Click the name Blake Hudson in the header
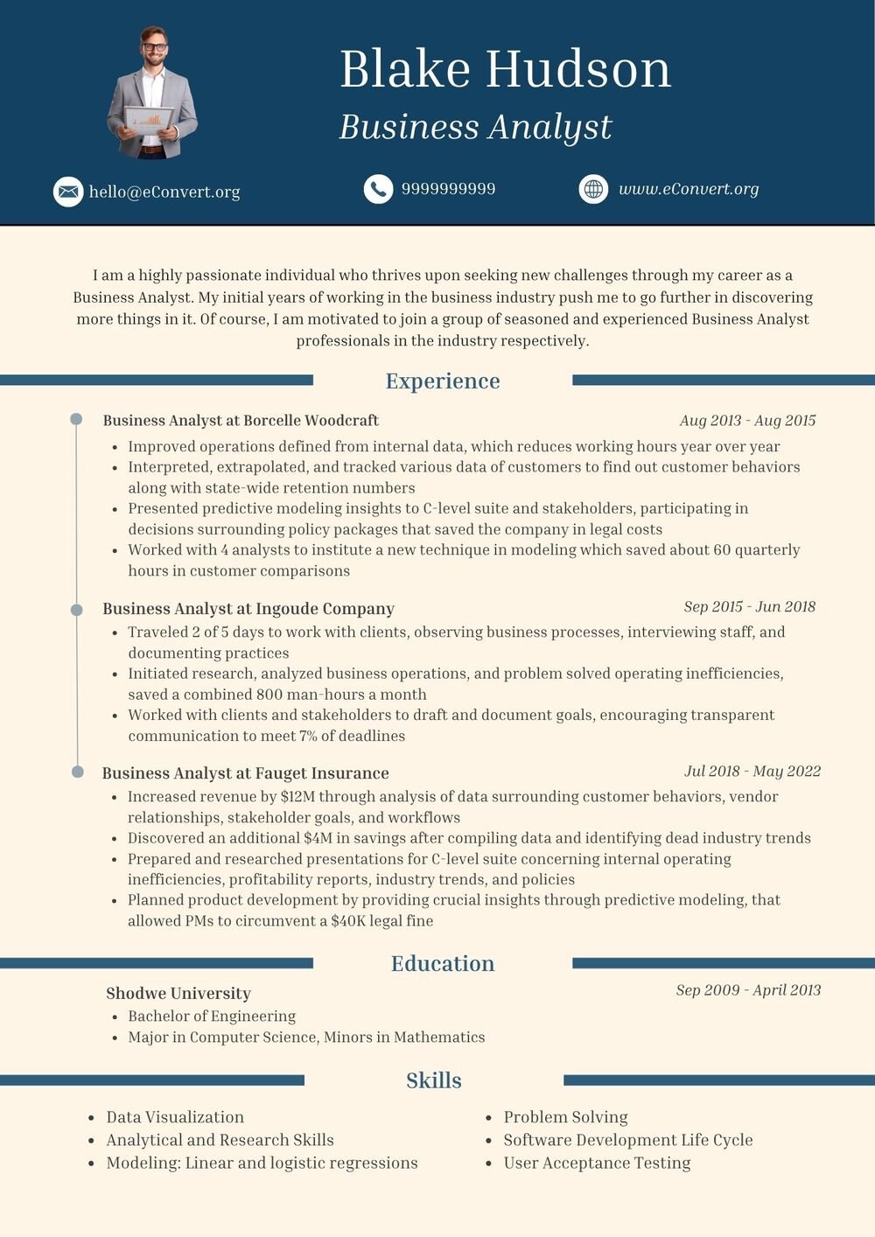(505, 69)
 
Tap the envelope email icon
(67, 192)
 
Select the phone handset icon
(378, 189)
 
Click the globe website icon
(593, 189)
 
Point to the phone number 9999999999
(448, 189)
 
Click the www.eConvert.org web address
(689, 189)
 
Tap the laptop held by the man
(148, 117)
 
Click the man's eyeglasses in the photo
(154, 46)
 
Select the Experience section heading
(443, 381)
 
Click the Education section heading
(443, 963)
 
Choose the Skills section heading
(434, 1080)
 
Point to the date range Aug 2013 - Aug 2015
(747, 421)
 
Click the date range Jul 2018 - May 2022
(752, 771)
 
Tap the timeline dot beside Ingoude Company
(77, 609)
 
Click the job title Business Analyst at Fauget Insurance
(245, 773)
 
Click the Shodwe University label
(178, 993)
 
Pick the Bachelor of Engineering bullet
(212, 1016)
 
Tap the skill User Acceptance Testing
(597, 1163)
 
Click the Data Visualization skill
(175, 1117)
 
